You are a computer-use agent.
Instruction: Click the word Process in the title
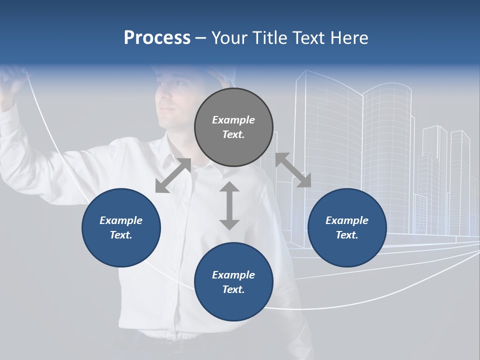[157, 38]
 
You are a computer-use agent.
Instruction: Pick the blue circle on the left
[121, 227]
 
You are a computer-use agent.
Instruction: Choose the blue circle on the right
[347, 227]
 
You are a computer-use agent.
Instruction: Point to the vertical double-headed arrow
[229, 205]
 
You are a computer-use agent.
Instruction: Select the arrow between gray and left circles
[173, 175]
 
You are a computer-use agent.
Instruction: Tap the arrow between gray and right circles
[293, 170]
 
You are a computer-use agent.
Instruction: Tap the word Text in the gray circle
[233, 134]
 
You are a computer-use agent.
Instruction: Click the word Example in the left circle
[121, 220]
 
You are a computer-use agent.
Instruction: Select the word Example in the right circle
[347, 220]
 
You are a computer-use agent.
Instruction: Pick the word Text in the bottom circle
[233, 289]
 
